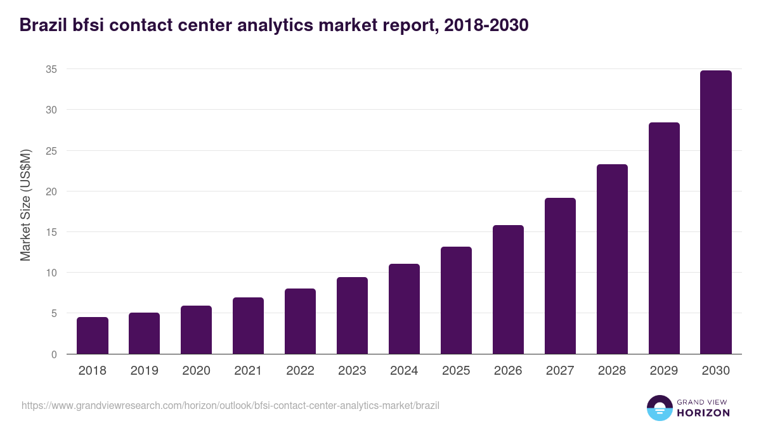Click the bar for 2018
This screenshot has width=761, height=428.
[93, 335]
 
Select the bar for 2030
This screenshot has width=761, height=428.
[716, 212]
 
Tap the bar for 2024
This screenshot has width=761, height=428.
[404, 309]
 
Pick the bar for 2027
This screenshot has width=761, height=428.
[560, 276]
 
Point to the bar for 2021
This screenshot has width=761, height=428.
[248, 325]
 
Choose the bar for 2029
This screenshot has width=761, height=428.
[664, 238]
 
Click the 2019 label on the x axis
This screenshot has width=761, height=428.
[144, 371]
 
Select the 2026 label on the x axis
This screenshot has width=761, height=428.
[508, 371]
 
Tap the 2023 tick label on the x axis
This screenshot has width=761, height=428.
[352, 371]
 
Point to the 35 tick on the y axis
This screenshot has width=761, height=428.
[51, 69]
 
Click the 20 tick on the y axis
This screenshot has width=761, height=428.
[51, 191]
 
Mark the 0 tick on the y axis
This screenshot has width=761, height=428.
[55, 354]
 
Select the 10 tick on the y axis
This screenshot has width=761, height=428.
[51, 273]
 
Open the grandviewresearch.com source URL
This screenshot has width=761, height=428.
[230, 405]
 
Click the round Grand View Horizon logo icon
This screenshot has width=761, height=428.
[660, 408]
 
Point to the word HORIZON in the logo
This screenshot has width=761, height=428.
[704, 413]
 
